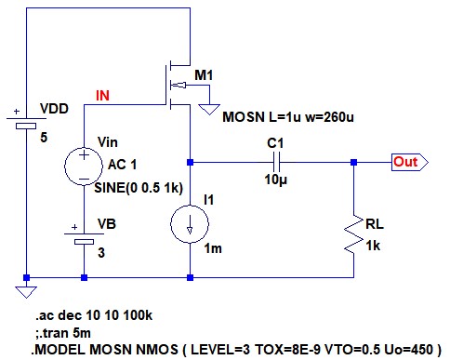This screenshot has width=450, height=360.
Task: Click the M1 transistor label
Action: tap(204, 75)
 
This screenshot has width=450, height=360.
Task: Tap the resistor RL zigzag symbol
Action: tap(353, 234)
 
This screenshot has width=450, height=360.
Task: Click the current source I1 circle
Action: tap(190, 223)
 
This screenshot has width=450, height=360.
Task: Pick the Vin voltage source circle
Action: tap(84, 167)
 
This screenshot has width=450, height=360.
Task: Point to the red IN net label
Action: tap(102, 96)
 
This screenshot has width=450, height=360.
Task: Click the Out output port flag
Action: tap(410, 162)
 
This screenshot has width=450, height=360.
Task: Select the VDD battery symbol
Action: tap(26, 122)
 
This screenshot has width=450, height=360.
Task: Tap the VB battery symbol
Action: tap(84, 237)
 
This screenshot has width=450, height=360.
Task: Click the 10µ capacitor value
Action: tap(275, 180)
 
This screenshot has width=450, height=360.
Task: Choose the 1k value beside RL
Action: tap(373, 246)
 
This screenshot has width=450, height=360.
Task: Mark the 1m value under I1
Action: tap(213, 248)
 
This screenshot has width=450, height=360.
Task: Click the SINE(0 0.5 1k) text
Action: tap(139, 188)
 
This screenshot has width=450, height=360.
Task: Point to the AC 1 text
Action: tap(122, 165)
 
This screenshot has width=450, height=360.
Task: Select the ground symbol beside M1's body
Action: tap(209, 110)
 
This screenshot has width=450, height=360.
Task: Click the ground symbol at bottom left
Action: tap(26, 292)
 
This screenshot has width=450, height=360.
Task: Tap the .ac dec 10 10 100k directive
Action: tap(94, 315)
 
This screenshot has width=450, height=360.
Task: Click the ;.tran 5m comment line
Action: tap(63, 333)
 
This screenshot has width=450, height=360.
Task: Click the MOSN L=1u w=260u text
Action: tap(288, 117)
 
